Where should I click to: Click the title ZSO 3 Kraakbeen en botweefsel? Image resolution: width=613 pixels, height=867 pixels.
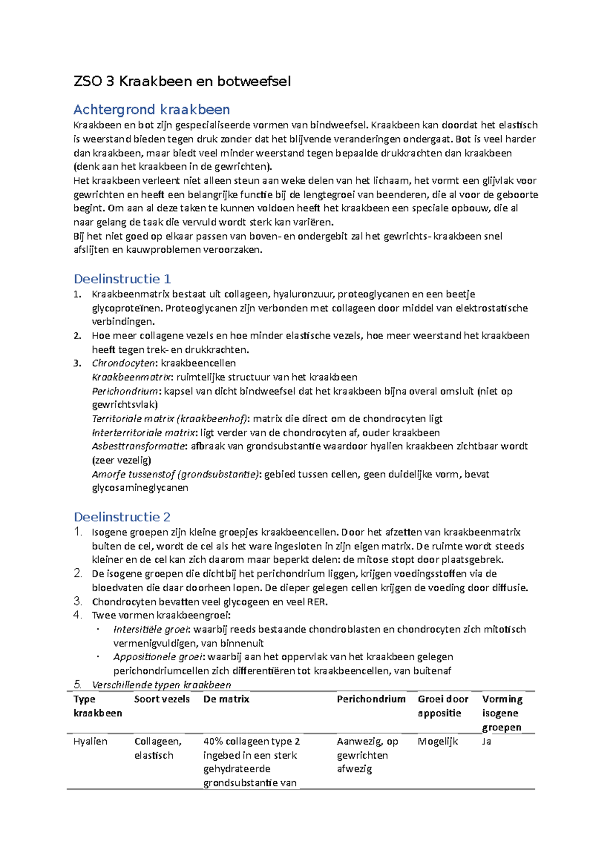click(x=182, y=81)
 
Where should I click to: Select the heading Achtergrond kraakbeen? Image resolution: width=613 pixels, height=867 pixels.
click(x=151, y=109)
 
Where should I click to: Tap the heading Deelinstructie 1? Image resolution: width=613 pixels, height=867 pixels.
click(x=122, y=279)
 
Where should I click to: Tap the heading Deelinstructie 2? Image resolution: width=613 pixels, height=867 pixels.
click(x=122, y=517)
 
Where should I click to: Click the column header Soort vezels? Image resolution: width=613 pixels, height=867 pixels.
click(x=161, y=699)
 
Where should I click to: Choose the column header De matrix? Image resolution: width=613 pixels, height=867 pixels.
click(x=226, y=699)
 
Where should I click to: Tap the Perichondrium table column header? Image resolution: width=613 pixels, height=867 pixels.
click(x=371, y=699)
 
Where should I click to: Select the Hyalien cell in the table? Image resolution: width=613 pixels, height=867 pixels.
click(x=90, y=741)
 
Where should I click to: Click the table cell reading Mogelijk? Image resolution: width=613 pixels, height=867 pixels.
click(x=437, y=741)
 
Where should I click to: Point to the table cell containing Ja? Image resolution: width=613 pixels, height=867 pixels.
click(x=486, y=741)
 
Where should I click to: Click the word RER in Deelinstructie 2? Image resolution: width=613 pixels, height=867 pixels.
click(x=316, y=601)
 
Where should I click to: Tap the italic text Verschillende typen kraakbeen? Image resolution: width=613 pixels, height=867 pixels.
click(x=161, y=685)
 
